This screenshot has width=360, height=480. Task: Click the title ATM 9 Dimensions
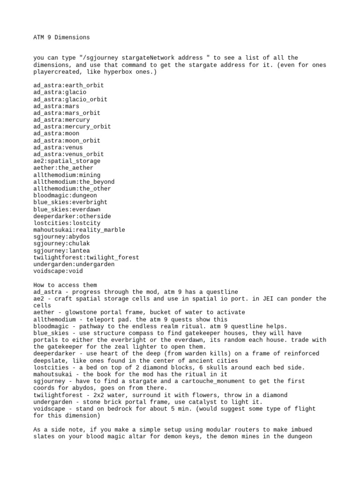pos(61,37)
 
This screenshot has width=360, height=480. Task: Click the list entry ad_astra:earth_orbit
pos(68,86)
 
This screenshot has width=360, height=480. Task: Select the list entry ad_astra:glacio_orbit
pos(70,99)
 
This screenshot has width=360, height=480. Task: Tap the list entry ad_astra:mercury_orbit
pos(72,127)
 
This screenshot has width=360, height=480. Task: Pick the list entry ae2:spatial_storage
pos(67,161)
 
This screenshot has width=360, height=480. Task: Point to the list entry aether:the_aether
pos(63,168)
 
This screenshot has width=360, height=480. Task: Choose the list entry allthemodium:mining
pos(67,175)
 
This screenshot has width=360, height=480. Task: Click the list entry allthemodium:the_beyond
pos(74,182)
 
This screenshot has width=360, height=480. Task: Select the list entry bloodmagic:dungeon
pos(65,195)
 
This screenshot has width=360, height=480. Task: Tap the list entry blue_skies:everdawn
pos(67,209)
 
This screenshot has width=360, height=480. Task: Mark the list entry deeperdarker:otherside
pos(72,216)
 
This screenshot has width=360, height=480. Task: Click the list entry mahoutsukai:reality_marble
pos(79,230)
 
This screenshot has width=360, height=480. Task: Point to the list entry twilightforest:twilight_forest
pos(86,257)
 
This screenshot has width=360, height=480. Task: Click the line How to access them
pos(65,285)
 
